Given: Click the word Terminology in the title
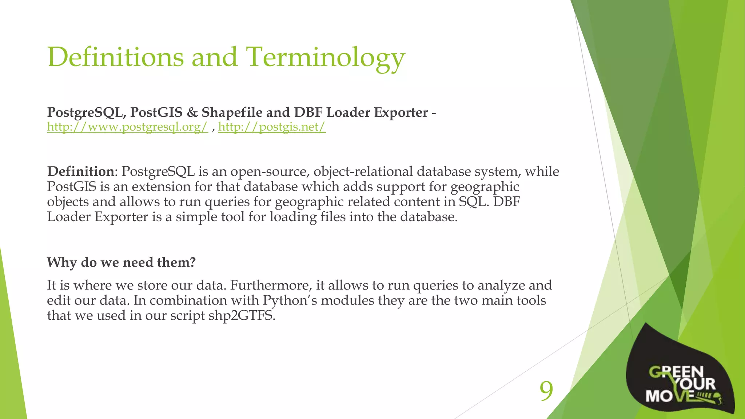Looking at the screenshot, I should pos(326,57).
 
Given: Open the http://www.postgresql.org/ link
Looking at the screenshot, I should pos(127,127).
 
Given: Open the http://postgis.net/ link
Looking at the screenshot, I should pos(272,127).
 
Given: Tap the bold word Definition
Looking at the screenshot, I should pos(81,171).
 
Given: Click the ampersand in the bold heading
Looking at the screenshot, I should pos(192,112).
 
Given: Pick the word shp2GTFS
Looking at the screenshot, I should pos(242,315).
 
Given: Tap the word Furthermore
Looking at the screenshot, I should pos(271,285).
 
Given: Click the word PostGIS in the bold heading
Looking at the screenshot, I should pos(156,112).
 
